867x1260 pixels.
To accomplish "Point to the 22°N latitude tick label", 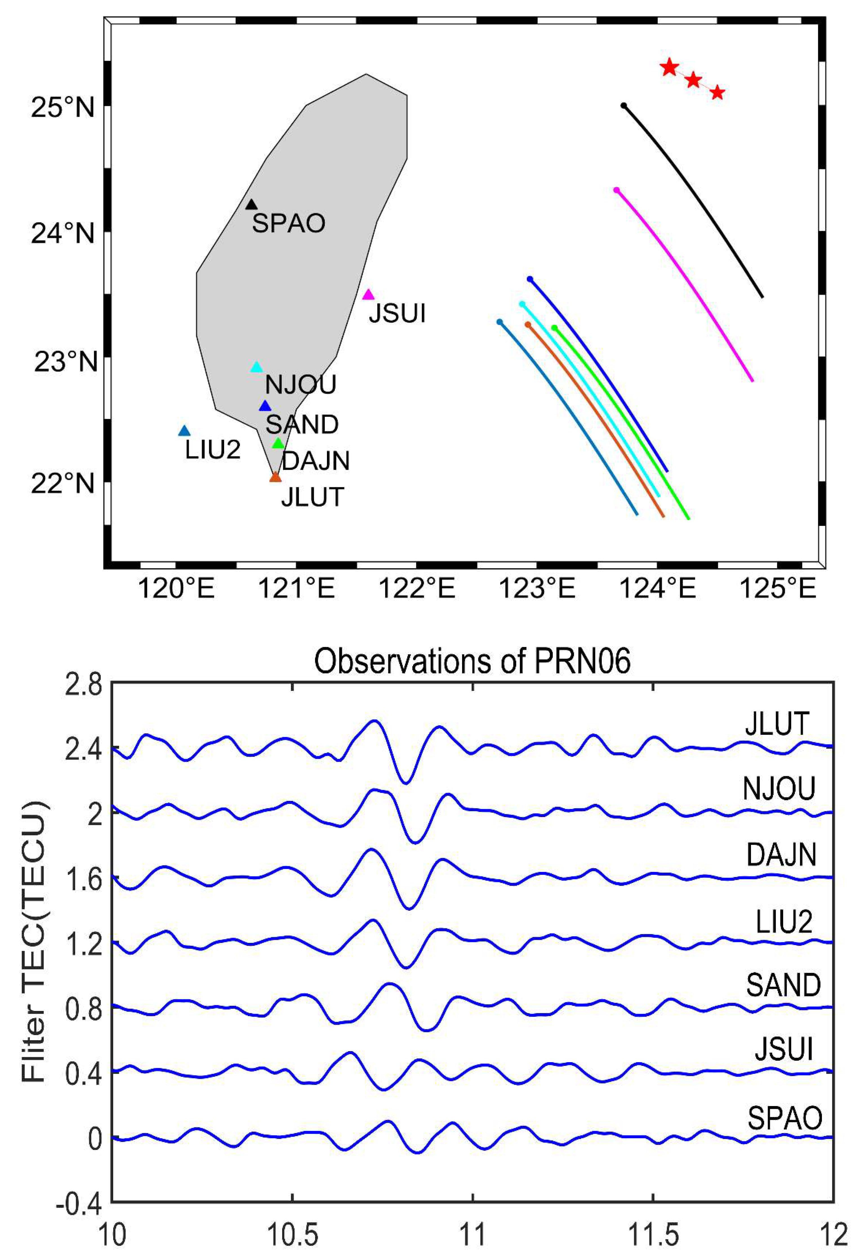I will point(63,483).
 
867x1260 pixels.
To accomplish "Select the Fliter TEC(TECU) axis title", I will point(34,942).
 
